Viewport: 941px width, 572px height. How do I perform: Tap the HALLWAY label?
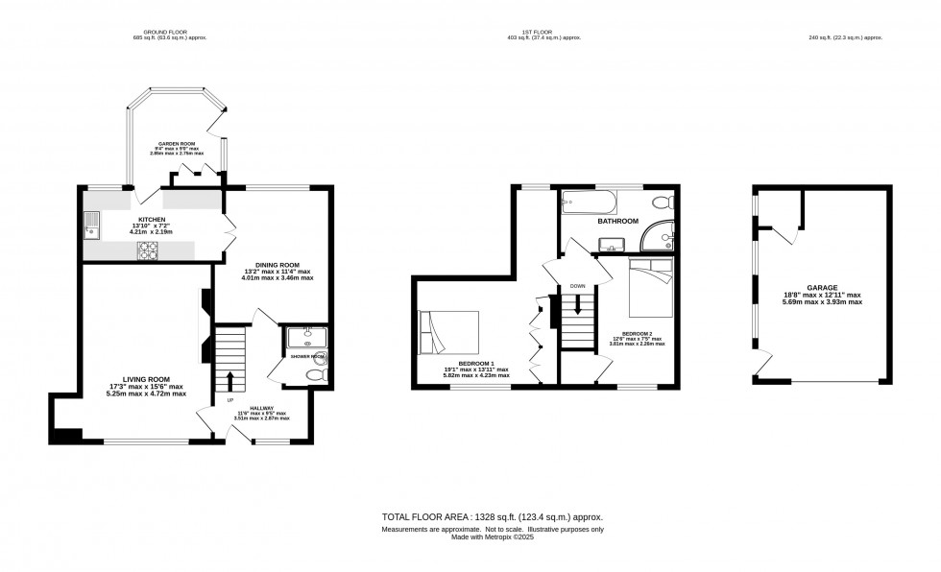pos(253,412)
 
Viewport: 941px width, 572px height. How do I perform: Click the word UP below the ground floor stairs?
pos(229,399)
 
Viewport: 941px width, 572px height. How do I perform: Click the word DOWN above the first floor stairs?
pos(577,286)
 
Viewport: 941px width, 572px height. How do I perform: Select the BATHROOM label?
pos(617,221)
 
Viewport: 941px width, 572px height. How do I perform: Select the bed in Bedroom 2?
pos(653,288)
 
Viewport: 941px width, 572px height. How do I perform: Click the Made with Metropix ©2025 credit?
pos(493,536)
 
